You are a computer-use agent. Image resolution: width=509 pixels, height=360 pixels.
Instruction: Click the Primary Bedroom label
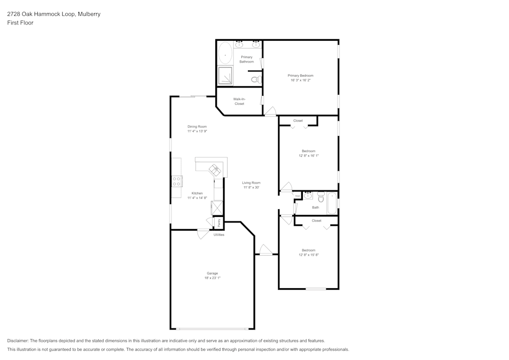[300, 75]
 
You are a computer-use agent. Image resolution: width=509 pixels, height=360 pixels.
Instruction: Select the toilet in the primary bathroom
[258, 79]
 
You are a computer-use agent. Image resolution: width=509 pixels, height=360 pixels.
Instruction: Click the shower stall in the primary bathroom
[225, 76]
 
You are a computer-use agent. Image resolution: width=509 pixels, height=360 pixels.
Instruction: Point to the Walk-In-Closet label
[239, 101]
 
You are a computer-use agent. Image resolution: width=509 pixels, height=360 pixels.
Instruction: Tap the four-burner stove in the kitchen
[177, 181]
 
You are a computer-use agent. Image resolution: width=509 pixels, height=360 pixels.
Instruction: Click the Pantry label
[219, 223]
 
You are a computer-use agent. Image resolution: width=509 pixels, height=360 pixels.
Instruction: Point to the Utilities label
[219, 235]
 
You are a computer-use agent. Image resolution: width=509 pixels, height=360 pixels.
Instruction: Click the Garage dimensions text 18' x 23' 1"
[212, 278]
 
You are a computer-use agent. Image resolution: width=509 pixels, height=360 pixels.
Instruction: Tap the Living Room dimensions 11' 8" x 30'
[251, 187]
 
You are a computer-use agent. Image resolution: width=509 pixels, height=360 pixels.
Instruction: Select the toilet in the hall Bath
[321, 196]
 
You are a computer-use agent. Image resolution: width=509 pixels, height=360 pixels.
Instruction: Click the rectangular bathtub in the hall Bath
[332, 203]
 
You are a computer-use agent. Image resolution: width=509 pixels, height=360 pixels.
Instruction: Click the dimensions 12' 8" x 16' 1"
[308, 155]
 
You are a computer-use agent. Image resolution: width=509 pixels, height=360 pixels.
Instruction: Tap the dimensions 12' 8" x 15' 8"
[308, 255]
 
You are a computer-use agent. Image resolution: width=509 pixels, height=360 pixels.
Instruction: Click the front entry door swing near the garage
[266, 250]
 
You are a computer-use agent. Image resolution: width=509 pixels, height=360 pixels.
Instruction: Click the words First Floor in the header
[20, 23]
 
